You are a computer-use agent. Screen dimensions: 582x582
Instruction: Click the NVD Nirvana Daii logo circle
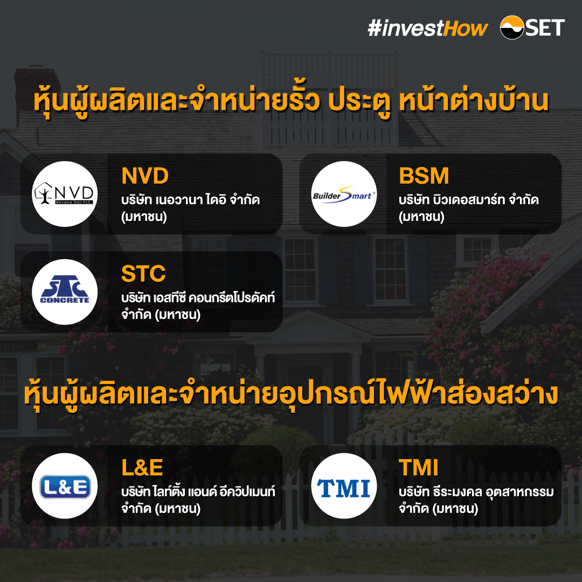point(65,194)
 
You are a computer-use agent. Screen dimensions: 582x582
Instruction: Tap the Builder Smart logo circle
point(344,194)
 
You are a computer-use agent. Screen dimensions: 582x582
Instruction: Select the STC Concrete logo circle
point(65,292)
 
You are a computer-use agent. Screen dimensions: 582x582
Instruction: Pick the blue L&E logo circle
point(65,486)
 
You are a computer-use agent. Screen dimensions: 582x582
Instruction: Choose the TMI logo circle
point(344,486)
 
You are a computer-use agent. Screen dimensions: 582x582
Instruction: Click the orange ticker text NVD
point(145,176)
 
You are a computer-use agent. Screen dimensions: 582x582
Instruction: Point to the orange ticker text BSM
point(424,176)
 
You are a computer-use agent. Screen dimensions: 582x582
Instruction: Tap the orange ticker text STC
point(143,274)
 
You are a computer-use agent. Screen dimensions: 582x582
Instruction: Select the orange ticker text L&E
point(142,468)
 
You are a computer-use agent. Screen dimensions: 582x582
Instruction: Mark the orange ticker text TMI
point(419,468)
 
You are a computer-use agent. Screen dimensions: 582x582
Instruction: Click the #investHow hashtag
point(427,28)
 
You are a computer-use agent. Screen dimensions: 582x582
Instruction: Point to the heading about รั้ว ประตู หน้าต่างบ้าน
point(291,101)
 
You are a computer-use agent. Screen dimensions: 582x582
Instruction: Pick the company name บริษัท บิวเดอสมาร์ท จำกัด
point(469,200)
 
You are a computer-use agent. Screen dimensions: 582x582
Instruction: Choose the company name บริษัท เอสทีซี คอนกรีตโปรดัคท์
point(198,297)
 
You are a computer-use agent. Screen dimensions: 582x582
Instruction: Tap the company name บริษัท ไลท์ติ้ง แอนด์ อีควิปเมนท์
point(198,491)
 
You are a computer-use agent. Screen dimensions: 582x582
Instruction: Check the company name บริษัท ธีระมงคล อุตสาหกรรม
point(476,491)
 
